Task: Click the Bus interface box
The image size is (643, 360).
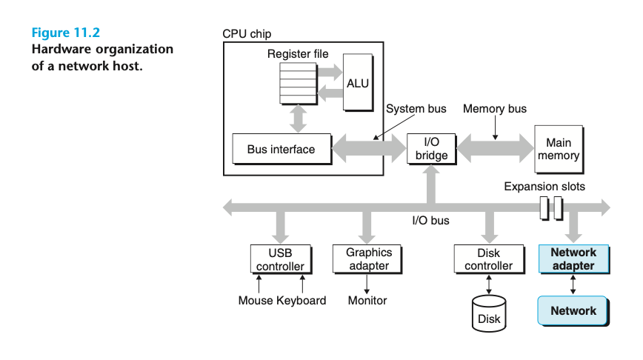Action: coord(281,149)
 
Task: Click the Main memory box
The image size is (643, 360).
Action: coord(559,149)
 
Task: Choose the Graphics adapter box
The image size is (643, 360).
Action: coord(368,259)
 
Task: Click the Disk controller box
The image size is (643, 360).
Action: coord(488,259)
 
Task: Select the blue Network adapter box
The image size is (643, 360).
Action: coord(573,259)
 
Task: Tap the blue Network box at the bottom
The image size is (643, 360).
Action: coord(573,310)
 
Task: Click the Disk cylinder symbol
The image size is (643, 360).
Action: coord(488,313)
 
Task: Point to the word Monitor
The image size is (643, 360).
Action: coord(367,301)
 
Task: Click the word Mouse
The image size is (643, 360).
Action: coord(256,301)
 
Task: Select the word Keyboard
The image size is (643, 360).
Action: coord(301,301)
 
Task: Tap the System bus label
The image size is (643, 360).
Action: coord(416,109)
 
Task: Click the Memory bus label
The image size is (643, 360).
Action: coord(495,109)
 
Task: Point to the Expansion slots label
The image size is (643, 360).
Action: coord(544,186)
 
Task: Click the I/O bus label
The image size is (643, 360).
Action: coord(430,220)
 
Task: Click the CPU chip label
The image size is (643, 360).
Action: coord(247,34)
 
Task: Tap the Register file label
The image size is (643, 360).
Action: coord(298,54)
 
